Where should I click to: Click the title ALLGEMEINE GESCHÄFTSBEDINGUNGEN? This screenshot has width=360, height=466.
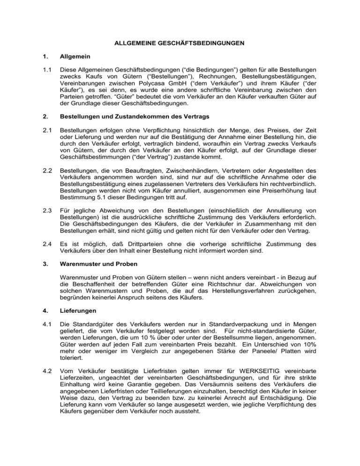180,45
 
